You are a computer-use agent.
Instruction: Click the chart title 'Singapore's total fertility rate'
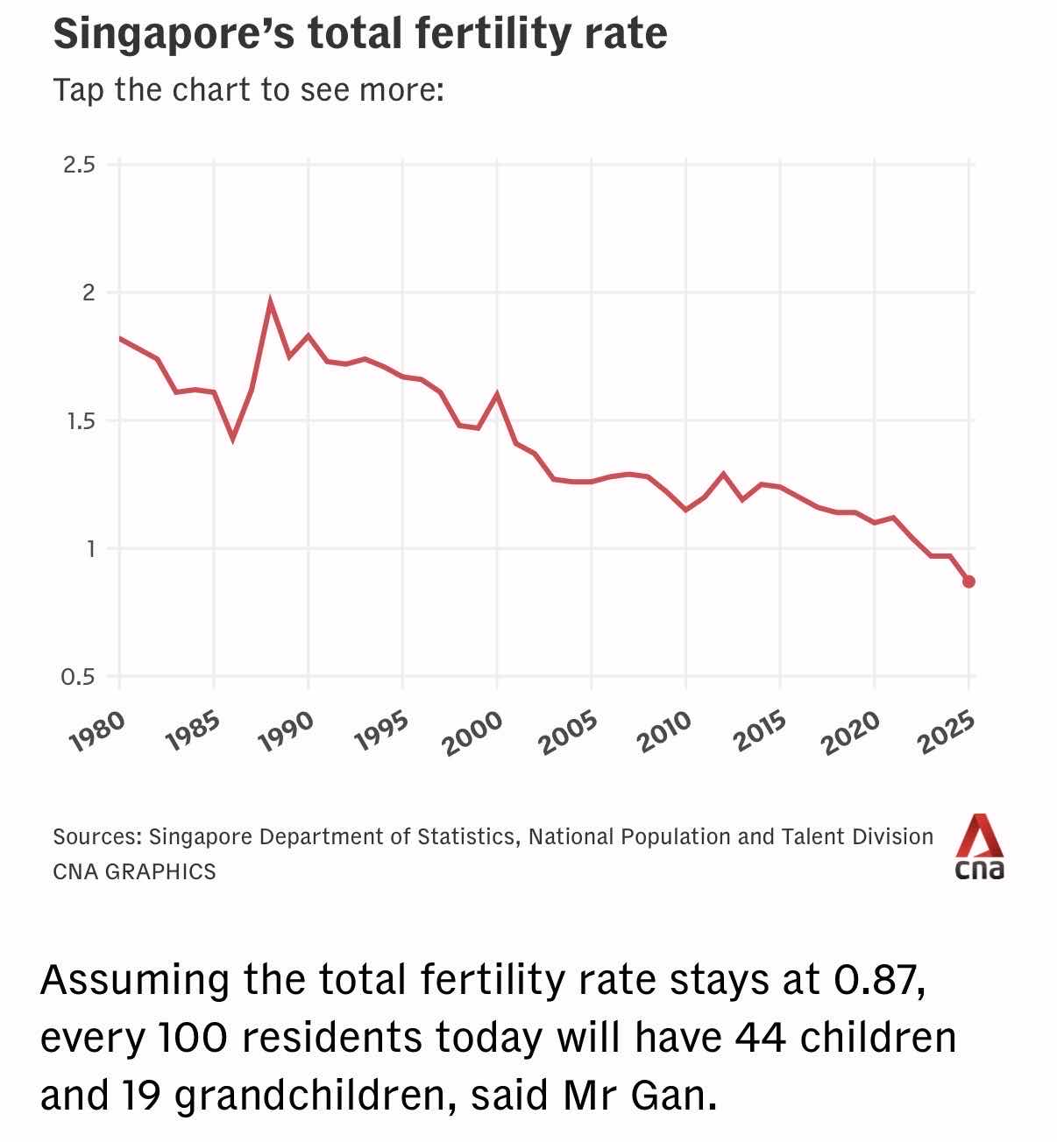tap(360, 34)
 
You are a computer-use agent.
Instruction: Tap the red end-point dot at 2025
tap(968, 582)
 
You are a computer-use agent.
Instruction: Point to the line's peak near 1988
tap(270, 301)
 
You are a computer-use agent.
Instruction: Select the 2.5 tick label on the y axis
tap(79, 165)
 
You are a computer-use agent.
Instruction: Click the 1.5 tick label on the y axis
tap(79, 421)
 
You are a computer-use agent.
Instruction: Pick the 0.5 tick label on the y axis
tap(78, 677)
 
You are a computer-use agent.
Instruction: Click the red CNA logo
tap(979, 846)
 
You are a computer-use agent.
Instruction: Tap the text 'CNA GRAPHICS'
tap(134, 871)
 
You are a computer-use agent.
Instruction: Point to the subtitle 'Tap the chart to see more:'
tap(248, 89)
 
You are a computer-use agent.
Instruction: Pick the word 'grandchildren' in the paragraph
tap(313, 1096)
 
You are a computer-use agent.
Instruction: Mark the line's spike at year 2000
tap(497, 394)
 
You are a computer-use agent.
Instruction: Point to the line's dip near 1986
tap(232, 438)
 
